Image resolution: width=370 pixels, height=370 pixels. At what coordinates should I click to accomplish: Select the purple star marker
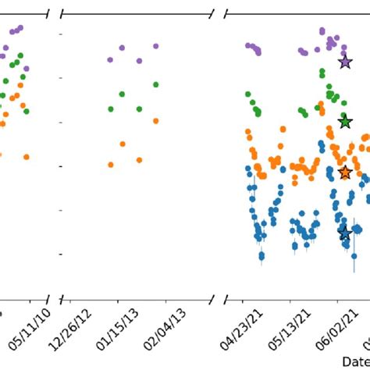pyautogui.click(x=345, y=62)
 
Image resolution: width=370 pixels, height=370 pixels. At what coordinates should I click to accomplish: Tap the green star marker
pyautogui.click(x=345, y=122)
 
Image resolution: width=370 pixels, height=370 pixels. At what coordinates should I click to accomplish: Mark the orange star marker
pyautogui.click(x=345, y=173)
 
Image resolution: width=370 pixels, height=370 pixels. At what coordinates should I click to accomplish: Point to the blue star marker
pyautogui.click(x=345, y=233)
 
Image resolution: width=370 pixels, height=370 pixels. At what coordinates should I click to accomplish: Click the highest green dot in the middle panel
pyautogui.click(x=156, y=84)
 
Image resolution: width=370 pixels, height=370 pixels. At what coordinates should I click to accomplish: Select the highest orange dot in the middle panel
pyautogui.click(x=156, y=121)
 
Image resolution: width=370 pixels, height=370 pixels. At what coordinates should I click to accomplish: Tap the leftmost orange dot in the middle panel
pyautogui.click(x=111, y=165)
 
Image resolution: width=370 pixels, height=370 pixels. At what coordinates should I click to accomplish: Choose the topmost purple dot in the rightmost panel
pyautogui.click(x=322, y=31)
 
